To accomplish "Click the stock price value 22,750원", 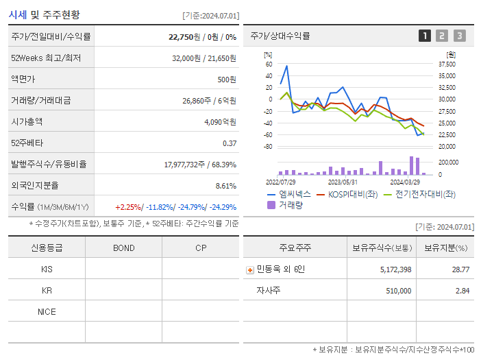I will [185, 37].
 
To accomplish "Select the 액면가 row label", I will [24, 80].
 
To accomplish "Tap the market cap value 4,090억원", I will [220, 122].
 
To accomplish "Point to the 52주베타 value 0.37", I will [230, 143].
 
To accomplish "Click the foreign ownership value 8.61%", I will [225, 186].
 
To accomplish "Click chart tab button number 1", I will [425, 36].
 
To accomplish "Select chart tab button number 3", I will [459, 36].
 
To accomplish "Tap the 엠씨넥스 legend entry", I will [293, 194].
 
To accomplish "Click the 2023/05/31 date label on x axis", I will [343, 182].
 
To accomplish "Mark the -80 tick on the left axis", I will [269, 147].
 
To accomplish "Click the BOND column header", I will [123, 248].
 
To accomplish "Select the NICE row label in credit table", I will [47, 312].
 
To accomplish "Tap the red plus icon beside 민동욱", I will [249, 269].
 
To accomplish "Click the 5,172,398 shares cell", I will [395, 269].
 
